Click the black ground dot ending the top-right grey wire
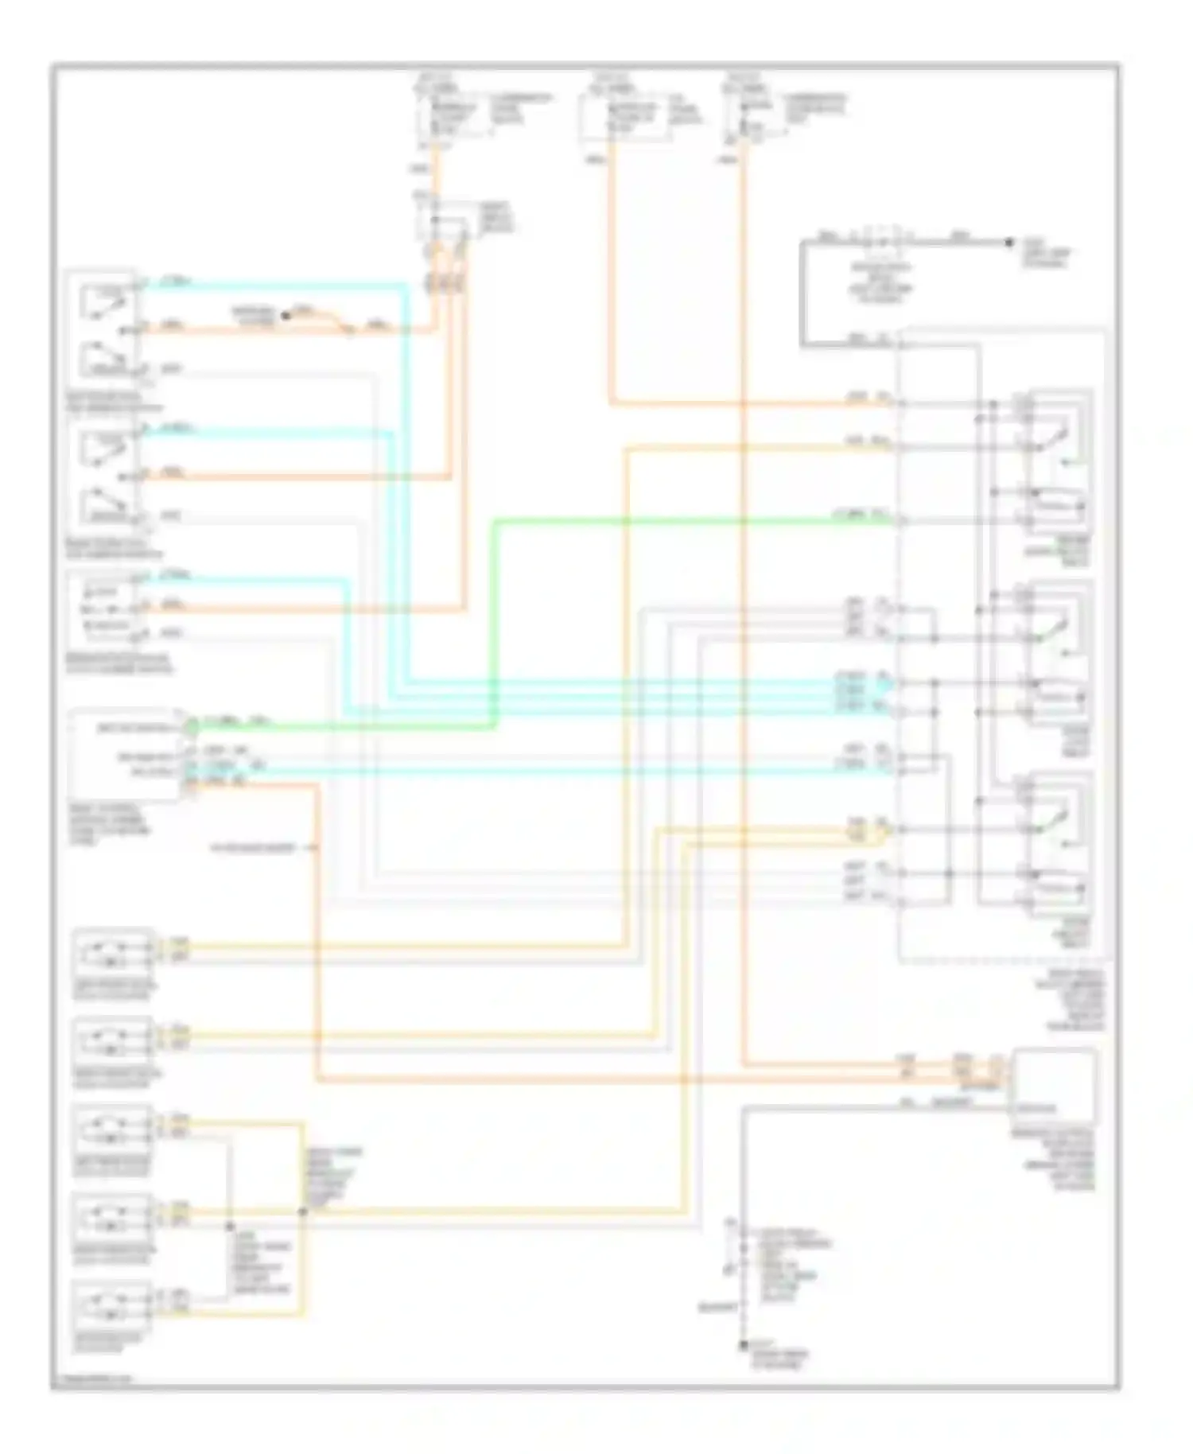pyautogui.click(x=1008, y=242)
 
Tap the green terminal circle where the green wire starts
pyautogui.click(x=190, y=725)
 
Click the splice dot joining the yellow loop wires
pyautogui.click(x=302, y=1212)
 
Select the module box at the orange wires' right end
pyautogui.click(x=1053, y=1083)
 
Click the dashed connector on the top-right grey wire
pyautogui.click(x=880, y=239)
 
